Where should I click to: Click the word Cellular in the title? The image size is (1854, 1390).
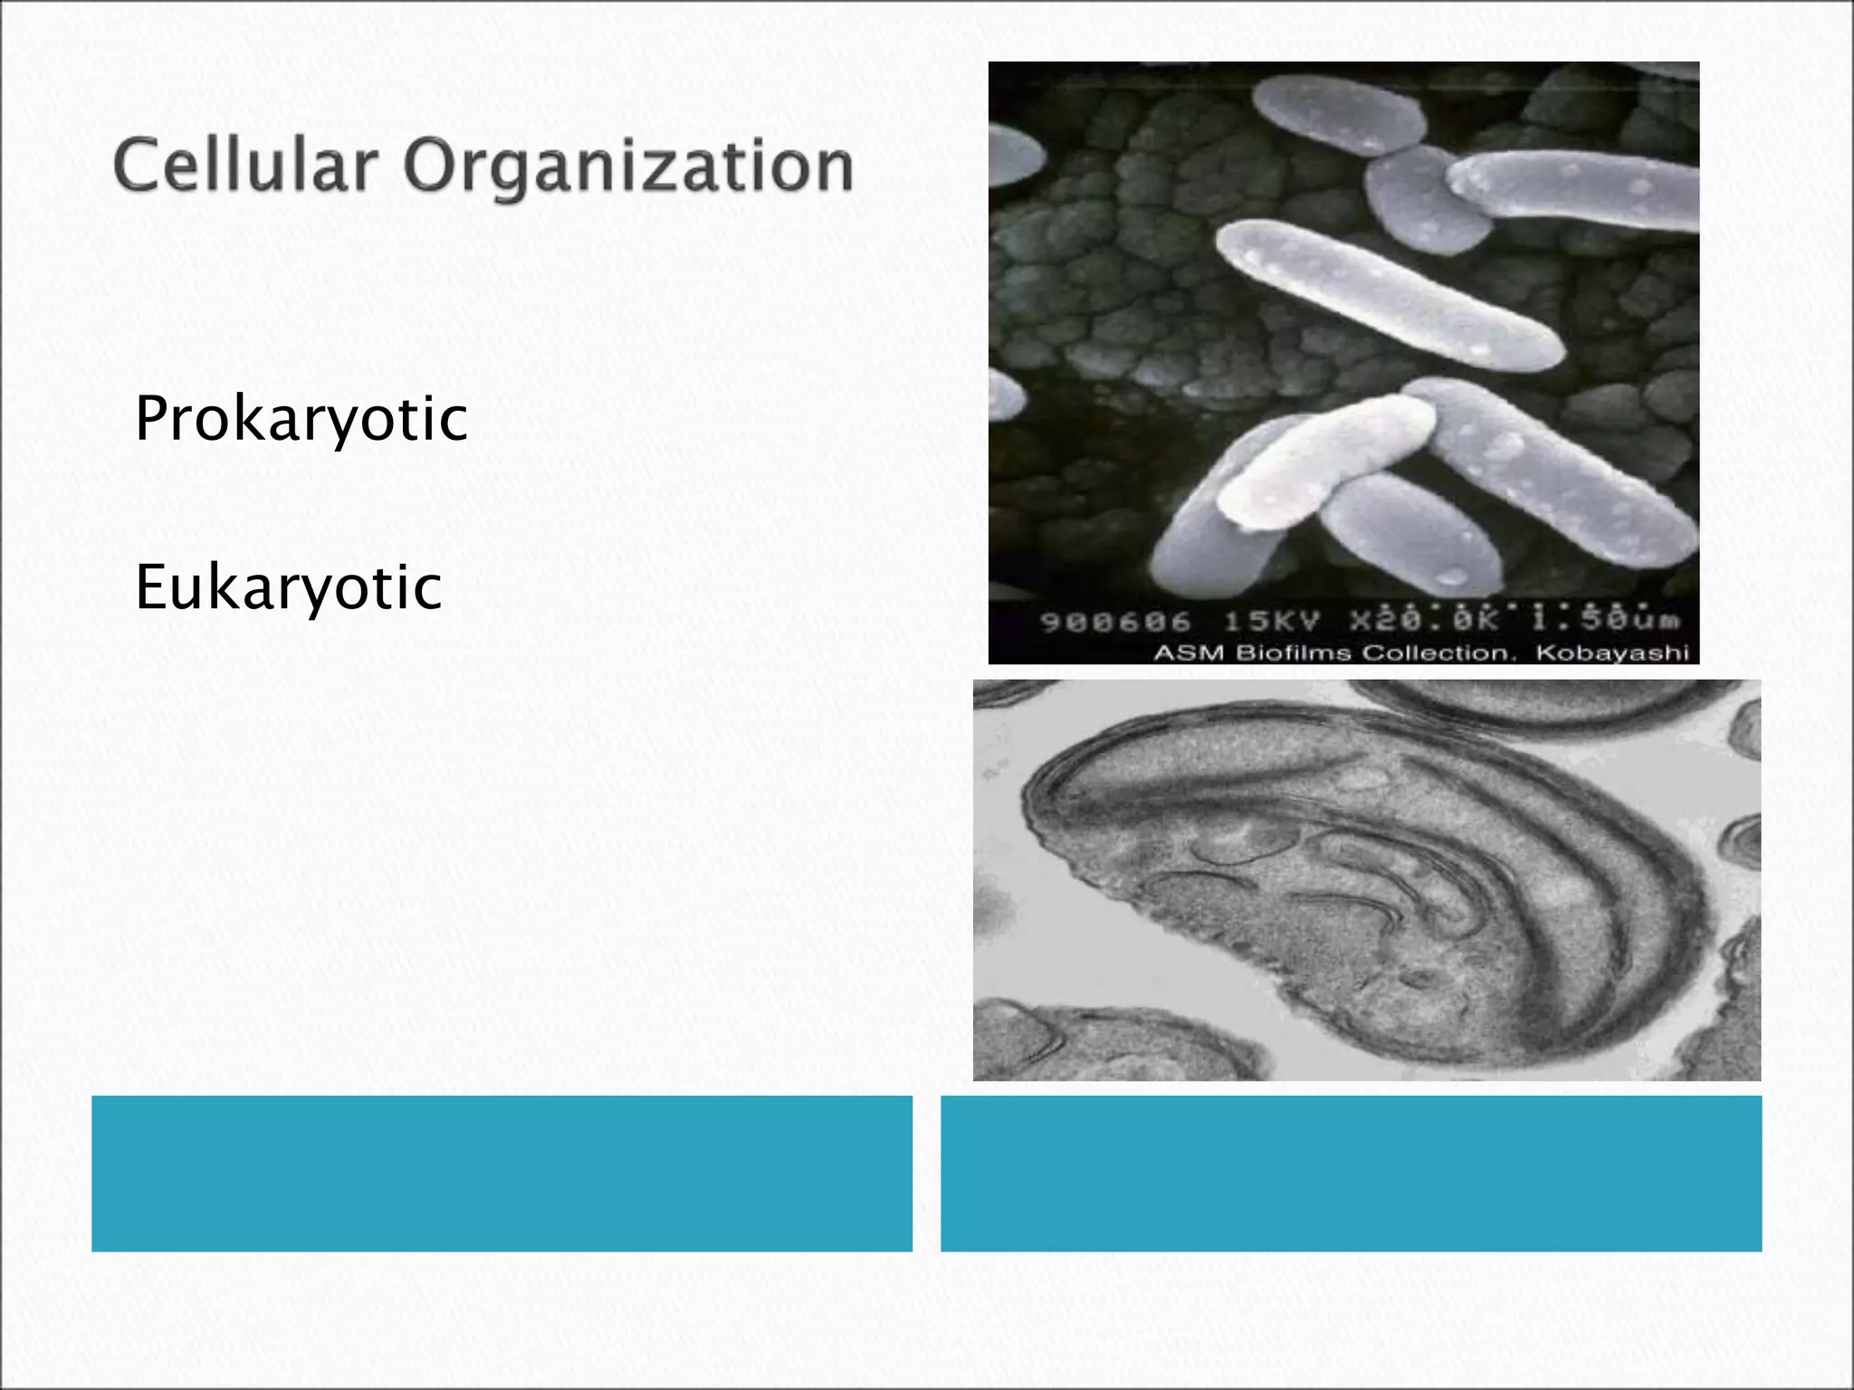(x=244, y=167)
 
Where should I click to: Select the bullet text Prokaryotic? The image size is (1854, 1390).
(x=301, y=419)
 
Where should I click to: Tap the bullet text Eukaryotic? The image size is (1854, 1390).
(x=288, y=587)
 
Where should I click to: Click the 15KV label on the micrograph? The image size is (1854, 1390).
(x=1272, y=622)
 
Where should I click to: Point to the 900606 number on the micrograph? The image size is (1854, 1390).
(x=1115, y=622)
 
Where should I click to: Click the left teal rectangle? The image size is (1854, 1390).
(x=502, y=1173)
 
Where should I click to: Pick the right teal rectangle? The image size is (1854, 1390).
(x=1351, y=1173)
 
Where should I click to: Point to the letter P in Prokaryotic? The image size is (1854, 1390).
(x=152, y=418)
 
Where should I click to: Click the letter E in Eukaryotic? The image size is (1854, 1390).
(x=150, y=587)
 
